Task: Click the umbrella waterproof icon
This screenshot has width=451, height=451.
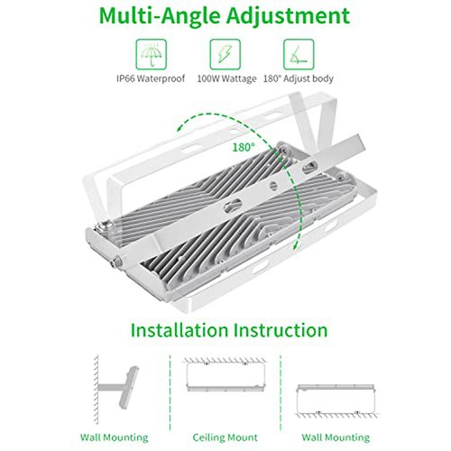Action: (151, 54)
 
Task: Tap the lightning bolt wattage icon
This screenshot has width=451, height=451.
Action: (225, 54)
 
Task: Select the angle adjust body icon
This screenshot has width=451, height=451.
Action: (299, 54)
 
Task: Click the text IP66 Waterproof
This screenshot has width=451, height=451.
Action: (151, 78)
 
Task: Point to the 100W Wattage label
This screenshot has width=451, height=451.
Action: (226, 78)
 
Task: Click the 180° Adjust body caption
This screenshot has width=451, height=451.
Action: (299, 78)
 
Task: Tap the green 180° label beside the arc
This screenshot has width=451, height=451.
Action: (244, 147)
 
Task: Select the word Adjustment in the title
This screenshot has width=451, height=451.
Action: (289, 15)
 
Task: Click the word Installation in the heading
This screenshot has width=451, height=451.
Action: (179, 330)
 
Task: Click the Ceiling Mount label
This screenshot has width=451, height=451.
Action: (225, 437)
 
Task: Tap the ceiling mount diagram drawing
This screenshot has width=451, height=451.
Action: (225, 375)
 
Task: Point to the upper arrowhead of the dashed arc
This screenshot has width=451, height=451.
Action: (181, 128)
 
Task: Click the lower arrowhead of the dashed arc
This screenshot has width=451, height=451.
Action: (297, 245)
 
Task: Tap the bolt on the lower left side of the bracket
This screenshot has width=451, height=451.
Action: (115, 262)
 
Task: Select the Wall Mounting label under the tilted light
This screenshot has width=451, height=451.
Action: (115, 437)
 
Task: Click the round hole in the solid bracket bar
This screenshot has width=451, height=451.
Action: (272, 186)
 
